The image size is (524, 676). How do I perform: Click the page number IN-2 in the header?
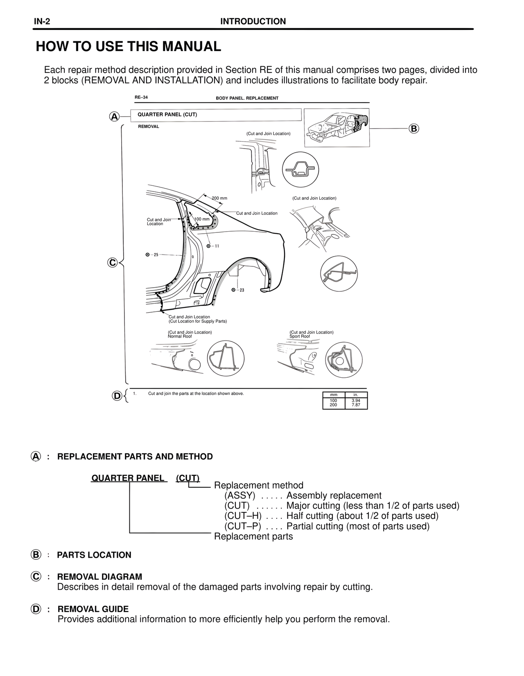click(42, 22)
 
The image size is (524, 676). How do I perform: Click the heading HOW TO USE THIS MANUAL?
click(129, 47)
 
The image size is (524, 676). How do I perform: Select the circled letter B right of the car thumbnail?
click(413, 128)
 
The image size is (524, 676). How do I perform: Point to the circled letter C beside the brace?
click(112, 262)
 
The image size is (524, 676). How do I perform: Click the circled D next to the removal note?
click(117, 396)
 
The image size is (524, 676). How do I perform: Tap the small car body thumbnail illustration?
click(337, 127)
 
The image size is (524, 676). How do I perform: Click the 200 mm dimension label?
click(219, 198)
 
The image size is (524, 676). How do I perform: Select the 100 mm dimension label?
click(201, 219)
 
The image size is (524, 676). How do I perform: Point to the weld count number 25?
click(156, 255)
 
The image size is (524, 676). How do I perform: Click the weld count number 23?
click(242, 290)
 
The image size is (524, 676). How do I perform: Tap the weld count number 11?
click(217, 246)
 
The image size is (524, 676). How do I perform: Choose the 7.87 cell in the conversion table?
click(356, 405)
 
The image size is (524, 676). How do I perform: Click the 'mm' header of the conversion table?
click(334, 394)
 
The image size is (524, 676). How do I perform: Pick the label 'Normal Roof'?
click(180, 336)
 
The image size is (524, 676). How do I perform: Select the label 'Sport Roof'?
click(300, 336)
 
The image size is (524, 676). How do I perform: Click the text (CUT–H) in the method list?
click(243, 516)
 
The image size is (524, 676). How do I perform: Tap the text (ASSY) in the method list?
click(240, 496)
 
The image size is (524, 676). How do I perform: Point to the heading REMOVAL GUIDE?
click(93, 609)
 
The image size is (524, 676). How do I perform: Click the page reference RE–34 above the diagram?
click(141, 98)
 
